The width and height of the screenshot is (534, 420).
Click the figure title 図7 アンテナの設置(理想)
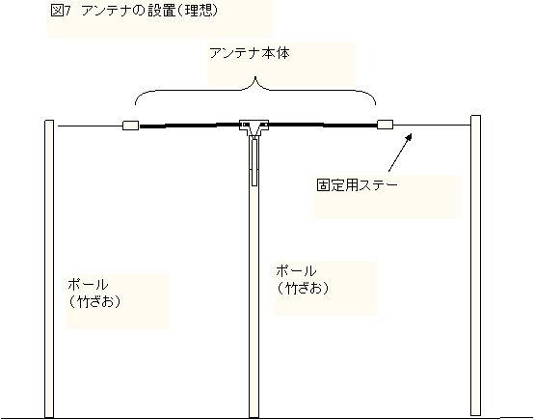(x=134, y=11)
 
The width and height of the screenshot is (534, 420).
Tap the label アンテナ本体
(x=250, y=53)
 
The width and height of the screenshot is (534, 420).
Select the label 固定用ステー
(x=357, y=185)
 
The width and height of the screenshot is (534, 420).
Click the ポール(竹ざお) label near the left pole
(x=93, y=294)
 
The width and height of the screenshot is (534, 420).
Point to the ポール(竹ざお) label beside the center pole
(x=302, y=280)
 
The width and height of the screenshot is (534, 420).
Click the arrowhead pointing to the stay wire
(x=409, y=136)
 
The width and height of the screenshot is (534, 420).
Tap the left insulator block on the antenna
(x=131, y=126)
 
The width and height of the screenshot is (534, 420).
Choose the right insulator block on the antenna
(x=386, y=125)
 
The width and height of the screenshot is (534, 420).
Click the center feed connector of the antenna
(x=254, y=127)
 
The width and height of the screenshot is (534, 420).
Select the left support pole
(x=49, y=268)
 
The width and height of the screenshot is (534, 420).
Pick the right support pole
(x=476, y=266)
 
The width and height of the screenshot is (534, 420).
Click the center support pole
(x=254, y=276)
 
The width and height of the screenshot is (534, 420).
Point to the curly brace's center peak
(x=255, y=78)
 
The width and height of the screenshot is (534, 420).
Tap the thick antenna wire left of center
(x=189, y=126)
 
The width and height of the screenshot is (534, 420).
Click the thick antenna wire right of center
(x=323, y=125)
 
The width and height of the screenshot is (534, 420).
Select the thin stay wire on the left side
(x=91, y=126)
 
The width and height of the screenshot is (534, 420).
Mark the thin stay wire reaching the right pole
(x=432, y=125)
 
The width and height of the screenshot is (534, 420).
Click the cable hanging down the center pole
(x=254, y=160)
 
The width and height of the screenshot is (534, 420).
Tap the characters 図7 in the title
(x=61, y=11)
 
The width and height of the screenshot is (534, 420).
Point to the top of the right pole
(x=476, y=116)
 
